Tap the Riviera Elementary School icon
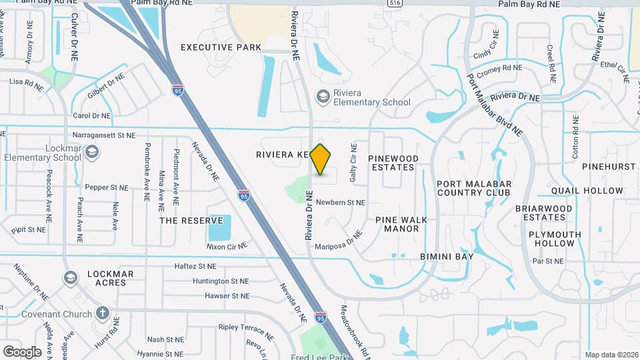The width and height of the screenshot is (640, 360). pos(323,97)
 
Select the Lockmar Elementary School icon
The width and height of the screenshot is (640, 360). pos(92,153)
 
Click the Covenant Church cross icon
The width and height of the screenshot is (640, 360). pos(102,313)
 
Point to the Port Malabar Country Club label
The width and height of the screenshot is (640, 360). pos(473,188)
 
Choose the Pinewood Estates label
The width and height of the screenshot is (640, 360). pos(393,163)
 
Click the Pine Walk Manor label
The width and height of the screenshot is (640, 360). pos(397,224)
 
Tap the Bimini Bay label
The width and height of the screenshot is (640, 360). pos(446,256)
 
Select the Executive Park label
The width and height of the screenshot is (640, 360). pos(221,47)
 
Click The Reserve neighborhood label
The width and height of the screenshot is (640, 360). pos(191,221)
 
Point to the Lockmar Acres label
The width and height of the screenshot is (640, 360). pos(110,278)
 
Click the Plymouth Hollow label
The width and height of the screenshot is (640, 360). pos(555,239)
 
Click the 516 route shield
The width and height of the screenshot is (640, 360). pos(395,3)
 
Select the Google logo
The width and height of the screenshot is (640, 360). pos(22,351)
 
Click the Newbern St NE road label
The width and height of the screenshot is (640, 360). pos(341,202)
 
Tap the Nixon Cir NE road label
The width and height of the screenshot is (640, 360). pos(227,246)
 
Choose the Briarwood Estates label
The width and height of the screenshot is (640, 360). pos(544,213)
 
